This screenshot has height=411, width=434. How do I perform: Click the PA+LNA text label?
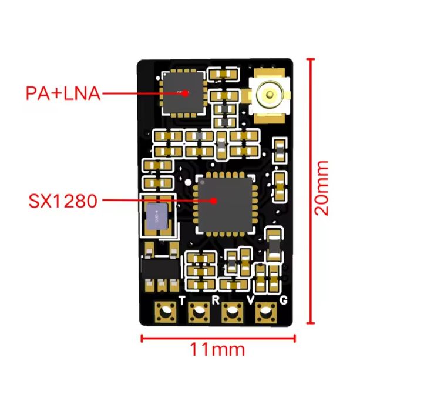pos(63,93)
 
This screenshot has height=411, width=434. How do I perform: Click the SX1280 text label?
pos(62,201)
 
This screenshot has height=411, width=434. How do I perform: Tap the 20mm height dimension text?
pos(321,188)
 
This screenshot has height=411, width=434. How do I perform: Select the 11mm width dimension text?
pos(217,349)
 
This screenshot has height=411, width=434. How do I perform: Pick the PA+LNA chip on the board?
pos(182,92)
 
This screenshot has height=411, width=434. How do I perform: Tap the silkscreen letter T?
pos(181,300)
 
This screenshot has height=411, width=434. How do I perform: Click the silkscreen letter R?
pos(216,300)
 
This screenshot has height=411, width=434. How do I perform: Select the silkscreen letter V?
pos(251,300)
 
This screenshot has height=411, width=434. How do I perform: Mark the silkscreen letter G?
pos(284,300)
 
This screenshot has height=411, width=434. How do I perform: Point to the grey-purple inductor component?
pos(157,218)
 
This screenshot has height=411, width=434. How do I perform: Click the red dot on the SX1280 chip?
pos(214,201)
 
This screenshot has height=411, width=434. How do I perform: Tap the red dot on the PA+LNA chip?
pos(186,92)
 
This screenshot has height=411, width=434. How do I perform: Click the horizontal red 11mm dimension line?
pos(217,337)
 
